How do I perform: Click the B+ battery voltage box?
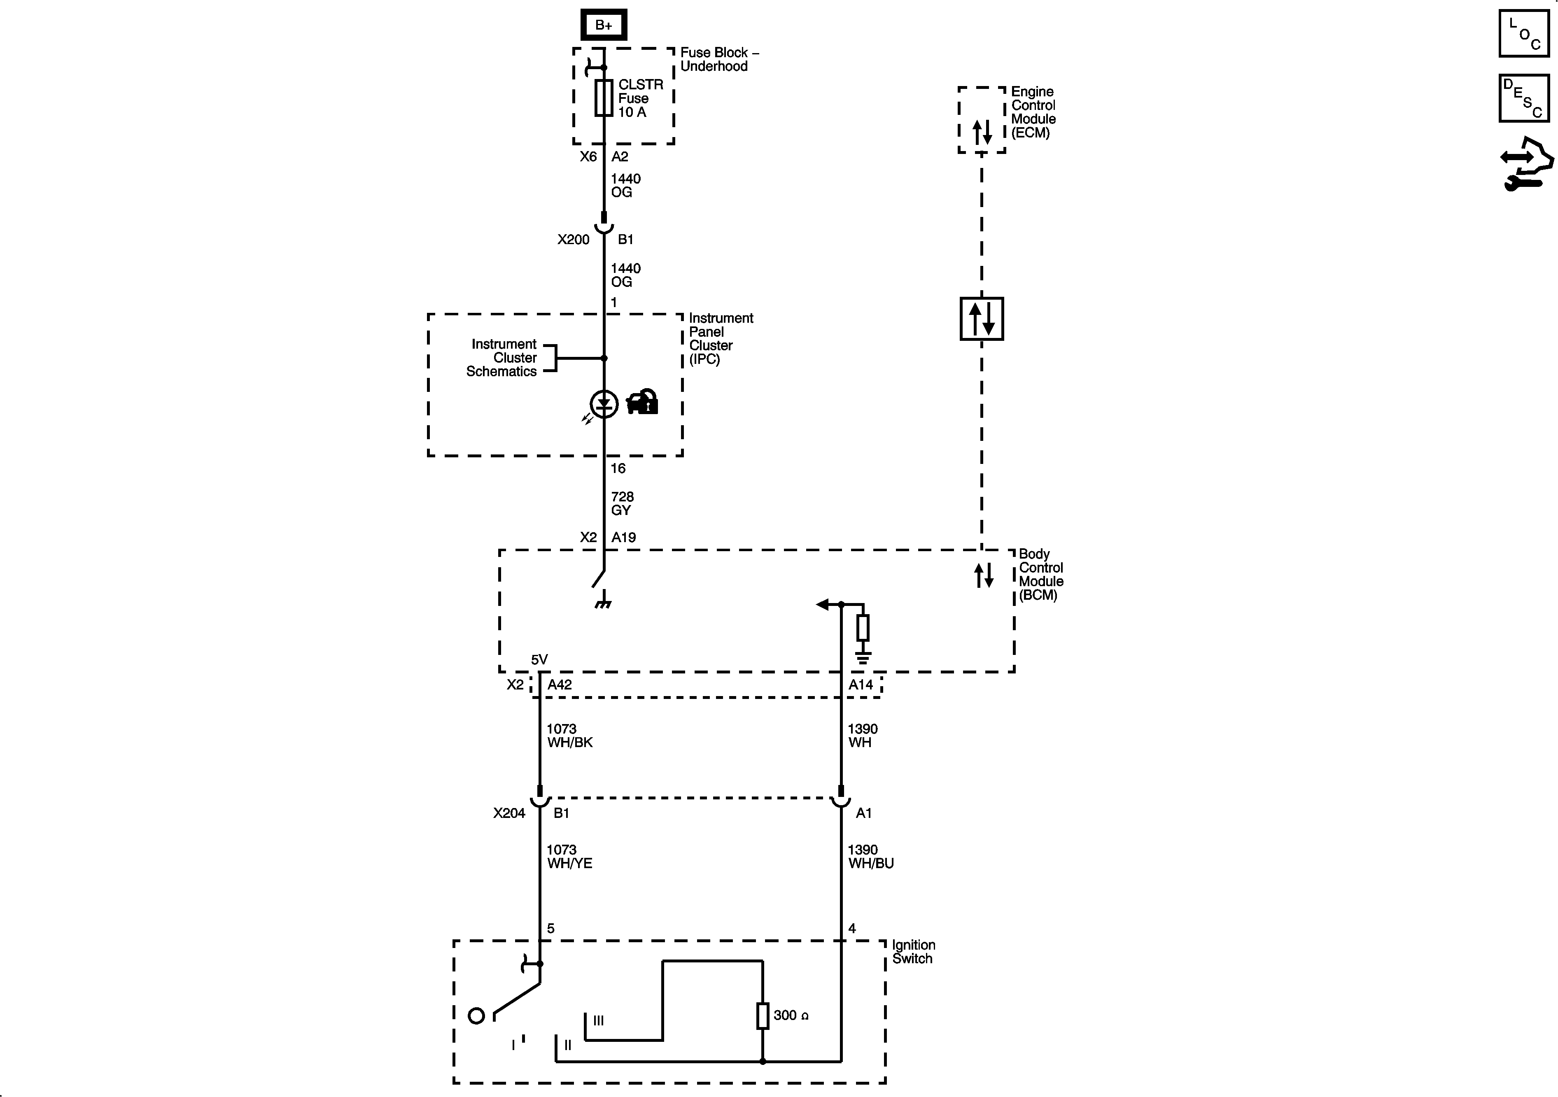click(x=603, y=25)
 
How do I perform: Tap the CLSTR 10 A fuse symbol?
click(x=603, y=98)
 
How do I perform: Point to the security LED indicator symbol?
click(x=604, y=404)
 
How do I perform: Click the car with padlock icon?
click(x=642, y=402)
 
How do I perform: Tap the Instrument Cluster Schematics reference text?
click(x=503, y=358)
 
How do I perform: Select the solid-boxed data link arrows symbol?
click(x=981, y=318)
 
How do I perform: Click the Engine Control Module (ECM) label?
click(x=1033, y=112)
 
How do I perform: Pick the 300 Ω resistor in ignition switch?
click(x=763, y=1015)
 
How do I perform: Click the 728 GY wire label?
click(x=622, y=503)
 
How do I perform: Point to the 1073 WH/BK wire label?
click(x=569, y=736)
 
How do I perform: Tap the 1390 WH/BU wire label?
click(x=870, y=856)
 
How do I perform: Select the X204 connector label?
click(x=509, y=813)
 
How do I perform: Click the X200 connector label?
click(x=574, y=240)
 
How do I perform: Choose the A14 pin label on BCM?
click(x=861, y=685)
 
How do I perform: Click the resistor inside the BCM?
click(x=863, y=628)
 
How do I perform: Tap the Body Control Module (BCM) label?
click(x=1040, y=575)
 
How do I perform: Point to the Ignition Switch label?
click(x=913, y=951)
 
